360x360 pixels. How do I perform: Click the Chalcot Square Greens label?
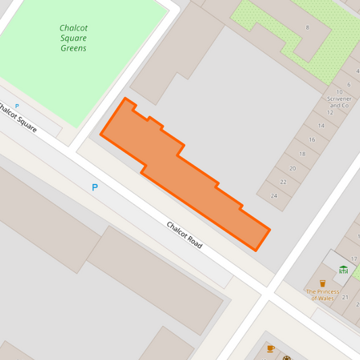point(73,38)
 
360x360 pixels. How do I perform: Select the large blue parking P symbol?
point(95,187)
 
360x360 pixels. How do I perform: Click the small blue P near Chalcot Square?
point(17,106)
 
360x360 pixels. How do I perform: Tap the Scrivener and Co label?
point(338,99)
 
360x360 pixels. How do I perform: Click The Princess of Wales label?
point(322,294)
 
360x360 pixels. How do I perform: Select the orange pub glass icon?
point(322,283)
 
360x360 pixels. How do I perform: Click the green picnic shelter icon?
point(343,269)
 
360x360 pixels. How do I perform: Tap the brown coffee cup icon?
point(270,349)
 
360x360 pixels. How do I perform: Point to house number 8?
point(307,27)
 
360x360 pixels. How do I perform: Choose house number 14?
point(321,126)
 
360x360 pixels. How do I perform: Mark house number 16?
point(311,140)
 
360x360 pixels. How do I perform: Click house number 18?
point(302,154)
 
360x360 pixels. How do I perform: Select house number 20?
point(292,168)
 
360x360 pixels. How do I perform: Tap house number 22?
point(283,182)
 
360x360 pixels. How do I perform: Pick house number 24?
point(274,197)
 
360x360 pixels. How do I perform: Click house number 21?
point(344,297)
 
